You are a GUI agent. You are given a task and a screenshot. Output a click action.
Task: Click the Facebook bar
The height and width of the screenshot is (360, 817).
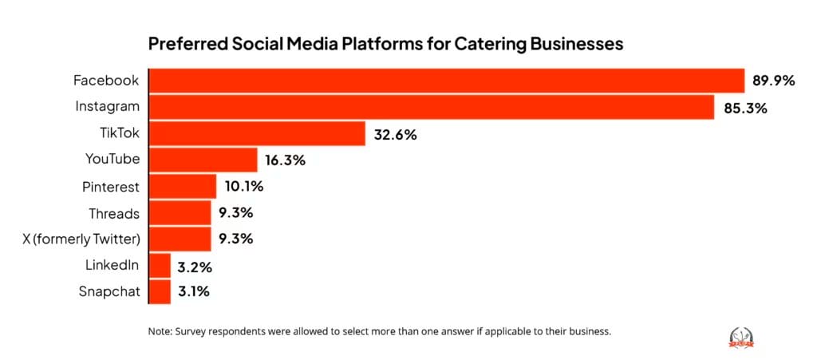[x=447, y=81]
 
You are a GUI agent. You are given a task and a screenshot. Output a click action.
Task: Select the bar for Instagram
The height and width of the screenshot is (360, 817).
[x=431, y=107]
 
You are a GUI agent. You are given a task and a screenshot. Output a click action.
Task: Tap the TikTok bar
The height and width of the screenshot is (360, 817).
[x=257, y=133]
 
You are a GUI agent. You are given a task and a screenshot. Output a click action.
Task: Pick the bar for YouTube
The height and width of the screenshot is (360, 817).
[x=203, y=160]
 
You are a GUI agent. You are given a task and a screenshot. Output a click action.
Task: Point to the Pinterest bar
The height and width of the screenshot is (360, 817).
[x=183, y=186]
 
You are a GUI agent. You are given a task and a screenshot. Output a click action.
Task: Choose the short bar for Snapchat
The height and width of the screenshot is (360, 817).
[x=160, y=291]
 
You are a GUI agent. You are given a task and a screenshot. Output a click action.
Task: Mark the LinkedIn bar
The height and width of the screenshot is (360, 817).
[x=160, y=265]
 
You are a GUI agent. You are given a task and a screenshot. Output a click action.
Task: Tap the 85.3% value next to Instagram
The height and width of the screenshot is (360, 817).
[x=745, y=108]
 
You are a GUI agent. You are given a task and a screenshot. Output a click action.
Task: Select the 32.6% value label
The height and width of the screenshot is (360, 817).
[x=395, y=134]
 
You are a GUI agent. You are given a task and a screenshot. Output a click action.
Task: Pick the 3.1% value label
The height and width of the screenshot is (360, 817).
[x=194, y=292]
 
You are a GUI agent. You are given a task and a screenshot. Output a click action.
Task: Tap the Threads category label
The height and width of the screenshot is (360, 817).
[x=114, y=213]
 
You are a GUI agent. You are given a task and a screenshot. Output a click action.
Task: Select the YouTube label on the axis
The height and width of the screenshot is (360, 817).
[x=112, y=160]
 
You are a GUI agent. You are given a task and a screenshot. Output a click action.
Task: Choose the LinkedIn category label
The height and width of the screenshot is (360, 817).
[x=112, y=265]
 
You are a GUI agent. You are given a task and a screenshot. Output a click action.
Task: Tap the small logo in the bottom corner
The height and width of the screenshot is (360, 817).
[x=742, y=338]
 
